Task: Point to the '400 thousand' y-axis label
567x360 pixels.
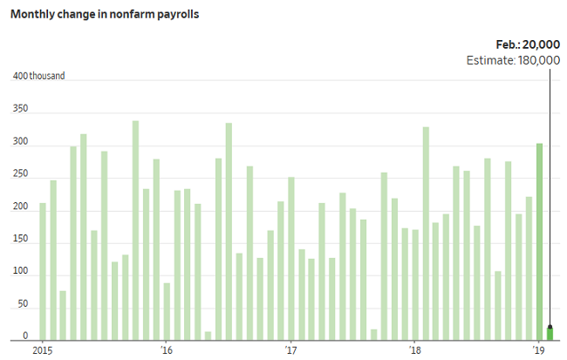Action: tap(38, 77)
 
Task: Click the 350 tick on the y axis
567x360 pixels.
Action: tap(20, 110)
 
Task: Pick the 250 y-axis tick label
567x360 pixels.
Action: tap(20, 175)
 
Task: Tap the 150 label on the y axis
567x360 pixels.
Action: tap(20, 241)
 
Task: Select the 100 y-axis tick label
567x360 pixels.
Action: tap(20, 273)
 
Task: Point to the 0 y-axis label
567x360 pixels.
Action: tap(25, 337)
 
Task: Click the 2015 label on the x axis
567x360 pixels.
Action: tap(44, 350)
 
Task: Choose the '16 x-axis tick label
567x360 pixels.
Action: tap(167, 350)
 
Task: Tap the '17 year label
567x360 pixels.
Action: tap(291, 350)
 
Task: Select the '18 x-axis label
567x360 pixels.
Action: tap(415, 350)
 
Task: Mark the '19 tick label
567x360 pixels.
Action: tap(539, 350)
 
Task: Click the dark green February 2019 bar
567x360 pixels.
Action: tap(550, 333)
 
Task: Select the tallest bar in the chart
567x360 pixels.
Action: tap(135, 231)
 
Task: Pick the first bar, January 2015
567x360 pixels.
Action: tap(43, 271)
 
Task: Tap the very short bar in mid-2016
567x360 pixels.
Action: tap(208, 336)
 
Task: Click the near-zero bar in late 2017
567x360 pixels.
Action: tap(373, 335)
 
